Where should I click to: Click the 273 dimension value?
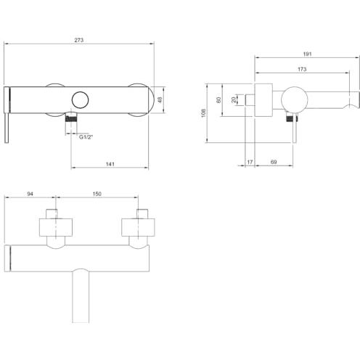pyautogui.click(x=79, y=40)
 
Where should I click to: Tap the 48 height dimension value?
pyautogui.click(x=160, y=99)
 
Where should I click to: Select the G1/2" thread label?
pyautogui.click(x=86, y=137)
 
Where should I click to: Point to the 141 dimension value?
pyautogui.click(x=110, y=164)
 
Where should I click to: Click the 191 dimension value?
pyautogui.click(x=307, y=54)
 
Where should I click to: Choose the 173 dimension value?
pyautogui.click(x=302, y=70)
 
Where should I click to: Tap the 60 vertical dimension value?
pyautogui.click(x=218, y=100)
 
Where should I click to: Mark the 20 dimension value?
pyautogui.click(x=234, y=100)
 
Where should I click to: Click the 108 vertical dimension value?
pyautogui.click(x=203, y=113)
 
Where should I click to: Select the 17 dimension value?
pyautogui.click(x=250, y=162)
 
